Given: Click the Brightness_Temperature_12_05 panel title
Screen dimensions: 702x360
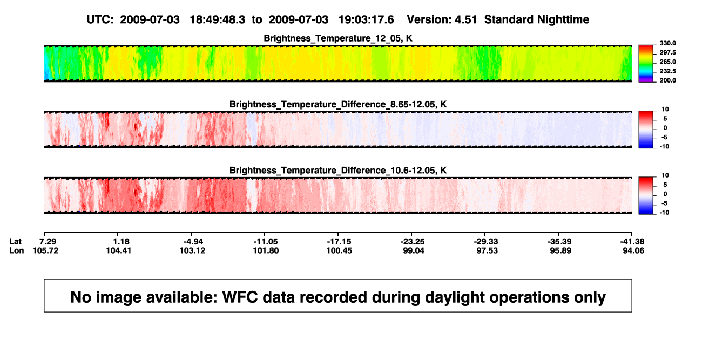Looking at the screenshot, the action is [x=338, y=38].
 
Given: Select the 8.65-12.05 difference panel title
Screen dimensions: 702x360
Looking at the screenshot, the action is [x=338, y=104].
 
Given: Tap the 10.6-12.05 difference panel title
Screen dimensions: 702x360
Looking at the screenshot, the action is [x=338, y=171].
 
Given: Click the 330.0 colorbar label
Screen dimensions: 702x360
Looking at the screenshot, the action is [x=667, y=43].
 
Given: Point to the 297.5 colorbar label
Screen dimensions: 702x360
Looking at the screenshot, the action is [x=667, y=52].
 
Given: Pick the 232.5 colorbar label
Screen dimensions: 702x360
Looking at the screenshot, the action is [x=667, y=71].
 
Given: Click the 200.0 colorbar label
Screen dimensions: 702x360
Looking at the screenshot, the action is [x=667, y=80].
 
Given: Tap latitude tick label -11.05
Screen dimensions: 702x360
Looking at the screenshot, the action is [x=266, y=242].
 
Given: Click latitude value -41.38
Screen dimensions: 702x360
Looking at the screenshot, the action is [x=632, y=242].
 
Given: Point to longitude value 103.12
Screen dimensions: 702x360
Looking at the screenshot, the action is [x=192, y=250].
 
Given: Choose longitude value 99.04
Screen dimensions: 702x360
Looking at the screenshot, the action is [x=413, y=250].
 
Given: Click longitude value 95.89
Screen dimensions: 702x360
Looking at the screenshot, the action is [x=561, y=250].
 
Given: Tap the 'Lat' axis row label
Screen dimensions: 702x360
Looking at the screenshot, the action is [x=15, y=242].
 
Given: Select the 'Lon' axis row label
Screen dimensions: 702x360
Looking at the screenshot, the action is [x=16, y=250].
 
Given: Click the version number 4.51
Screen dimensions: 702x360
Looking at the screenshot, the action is [x=465, y=19].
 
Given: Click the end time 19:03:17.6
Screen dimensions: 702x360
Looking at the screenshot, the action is [x=366, y=19].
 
